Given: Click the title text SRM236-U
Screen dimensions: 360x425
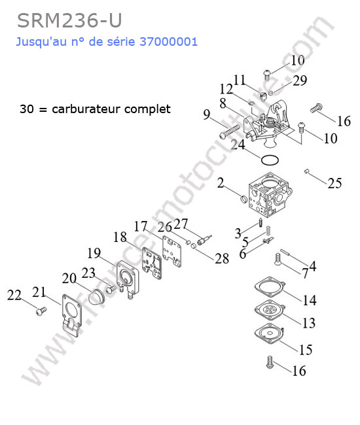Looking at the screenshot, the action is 69,21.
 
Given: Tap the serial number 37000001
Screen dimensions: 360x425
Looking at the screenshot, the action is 168,42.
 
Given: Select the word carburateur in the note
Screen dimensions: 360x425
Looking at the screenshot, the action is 86,109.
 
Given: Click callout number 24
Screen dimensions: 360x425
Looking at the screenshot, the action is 238,144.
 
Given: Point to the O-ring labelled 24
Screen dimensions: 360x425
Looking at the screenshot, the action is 270,160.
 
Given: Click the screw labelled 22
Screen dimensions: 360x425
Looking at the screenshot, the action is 41,311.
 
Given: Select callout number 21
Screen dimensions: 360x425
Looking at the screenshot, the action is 39,292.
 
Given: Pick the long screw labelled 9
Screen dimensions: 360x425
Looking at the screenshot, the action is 230,131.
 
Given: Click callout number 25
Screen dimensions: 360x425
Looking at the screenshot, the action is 334,184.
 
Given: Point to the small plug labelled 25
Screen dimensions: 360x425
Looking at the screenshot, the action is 307,171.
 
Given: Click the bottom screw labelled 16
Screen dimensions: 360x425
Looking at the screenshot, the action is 270,362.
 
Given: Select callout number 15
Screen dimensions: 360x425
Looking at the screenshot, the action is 306,350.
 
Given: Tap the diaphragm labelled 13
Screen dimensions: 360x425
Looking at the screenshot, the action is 270,309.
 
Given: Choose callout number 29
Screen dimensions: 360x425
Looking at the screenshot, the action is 300,80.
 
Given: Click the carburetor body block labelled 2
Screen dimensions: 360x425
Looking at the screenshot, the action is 270,194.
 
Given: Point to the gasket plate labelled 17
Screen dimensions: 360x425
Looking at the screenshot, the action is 171,251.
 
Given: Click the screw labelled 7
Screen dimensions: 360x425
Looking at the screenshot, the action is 278,260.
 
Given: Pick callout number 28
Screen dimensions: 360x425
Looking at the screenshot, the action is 222,258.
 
